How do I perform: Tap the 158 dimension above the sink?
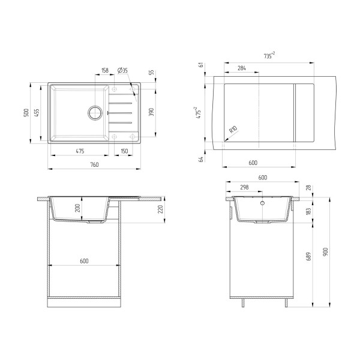105,70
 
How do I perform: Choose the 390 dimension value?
151,112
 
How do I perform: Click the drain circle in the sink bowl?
95,112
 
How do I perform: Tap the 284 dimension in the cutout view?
241,68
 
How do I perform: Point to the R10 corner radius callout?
233,131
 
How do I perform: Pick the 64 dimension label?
202,158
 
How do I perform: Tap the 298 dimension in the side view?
244,187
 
